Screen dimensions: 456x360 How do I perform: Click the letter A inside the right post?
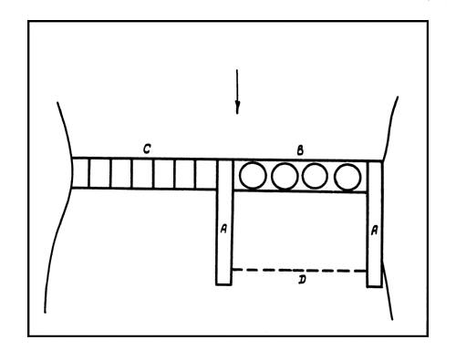click(x=374, y=231)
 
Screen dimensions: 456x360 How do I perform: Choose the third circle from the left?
click(x=315, y=175)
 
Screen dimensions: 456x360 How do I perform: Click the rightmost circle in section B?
click(x=347, y=175)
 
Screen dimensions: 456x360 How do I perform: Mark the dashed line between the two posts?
click(x=300, y=270)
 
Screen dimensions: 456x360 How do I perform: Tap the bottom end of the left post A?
click(x=224, y=283)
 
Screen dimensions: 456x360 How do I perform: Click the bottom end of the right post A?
click(x=374, y=284)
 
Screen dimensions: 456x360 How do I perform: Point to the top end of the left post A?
click(x=224, y=162)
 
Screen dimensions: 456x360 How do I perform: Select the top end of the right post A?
click(x=374, y=162)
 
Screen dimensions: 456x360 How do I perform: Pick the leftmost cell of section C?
click(x=80, y=174)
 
